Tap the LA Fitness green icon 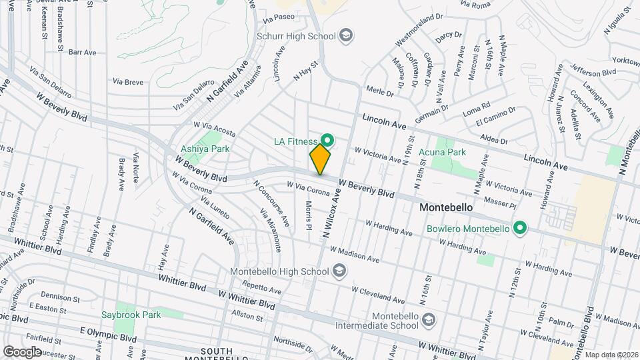[327, 140]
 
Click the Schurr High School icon [346, 35]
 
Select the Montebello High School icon [339, 271]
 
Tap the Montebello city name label [446, 207]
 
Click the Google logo [22, 351]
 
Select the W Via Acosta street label [215, 128]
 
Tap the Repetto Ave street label [265, 289]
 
